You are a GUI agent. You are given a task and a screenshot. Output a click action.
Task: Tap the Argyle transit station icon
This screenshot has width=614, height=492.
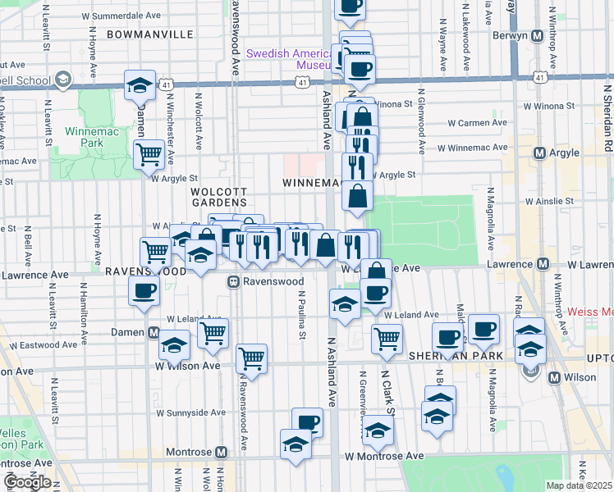539,153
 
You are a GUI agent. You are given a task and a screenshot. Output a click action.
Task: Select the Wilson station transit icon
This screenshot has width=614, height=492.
555,378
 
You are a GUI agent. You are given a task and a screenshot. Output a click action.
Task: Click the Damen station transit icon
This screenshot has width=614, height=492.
153,332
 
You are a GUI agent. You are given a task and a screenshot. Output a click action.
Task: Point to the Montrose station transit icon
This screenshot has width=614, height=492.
221,453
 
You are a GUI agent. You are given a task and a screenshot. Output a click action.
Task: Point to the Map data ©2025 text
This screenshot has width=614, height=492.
580,485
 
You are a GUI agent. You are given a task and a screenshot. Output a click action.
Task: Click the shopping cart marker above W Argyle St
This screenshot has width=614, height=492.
149,153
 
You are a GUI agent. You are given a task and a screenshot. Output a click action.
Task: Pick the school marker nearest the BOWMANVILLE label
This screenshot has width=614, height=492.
140,84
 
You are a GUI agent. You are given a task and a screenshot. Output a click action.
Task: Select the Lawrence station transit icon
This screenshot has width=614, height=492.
539,264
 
